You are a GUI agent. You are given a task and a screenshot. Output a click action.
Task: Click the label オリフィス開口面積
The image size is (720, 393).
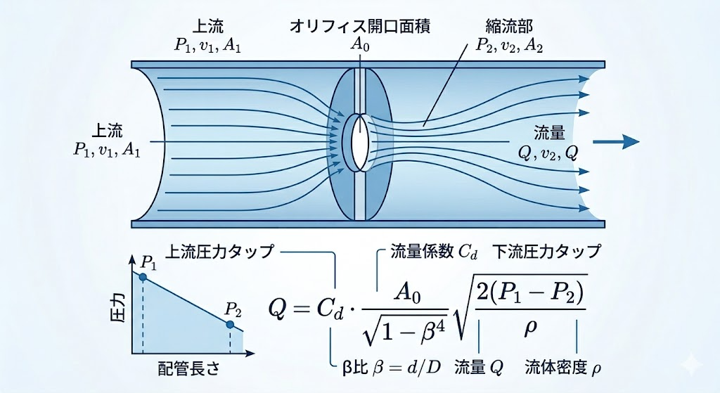coord(359,26)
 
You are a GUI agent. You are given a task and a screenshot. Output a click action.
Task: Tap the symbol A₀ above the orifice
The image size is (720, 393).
coord(360,45)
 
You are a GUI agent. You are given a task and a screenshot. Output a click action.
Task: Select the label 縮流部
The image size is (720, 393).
coord(508,26)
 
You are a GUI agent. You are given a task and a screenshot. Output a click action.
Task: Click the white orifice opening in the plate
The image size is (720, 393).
coord(359,142)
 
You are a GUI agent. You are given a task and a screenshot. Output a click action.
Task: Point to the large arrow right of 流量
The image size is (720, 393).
coord(616,141)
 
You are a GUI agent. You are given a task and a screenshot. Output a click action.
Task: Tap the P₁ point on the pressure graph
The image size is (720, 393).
coord(143,277)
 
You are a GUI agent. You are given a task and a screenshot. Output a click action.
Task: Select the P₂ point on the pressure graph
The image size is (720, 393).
coord(230,325)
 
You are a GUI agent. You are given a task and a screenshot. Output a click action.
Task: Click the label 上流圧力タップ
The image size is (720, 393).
coord(219,252)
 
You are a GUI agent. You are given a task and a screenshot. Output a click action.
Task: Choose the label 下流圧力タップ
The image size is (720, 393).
coord(546,252)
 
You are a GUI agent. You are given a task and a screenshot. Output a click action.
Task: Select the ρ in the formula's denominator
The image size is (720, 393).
coord(530,328)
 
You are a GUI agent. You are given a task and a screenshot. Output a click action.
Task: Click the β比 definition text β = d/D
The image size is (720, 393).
coord(404,368)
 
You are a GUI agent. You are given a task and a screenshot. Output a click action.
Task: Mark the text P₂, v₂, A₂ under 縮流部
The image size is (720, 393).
coord(509,46)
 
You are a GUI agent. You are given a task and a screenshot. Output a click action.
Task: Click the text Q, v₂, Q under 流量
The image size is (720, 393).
coord(548,153)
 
